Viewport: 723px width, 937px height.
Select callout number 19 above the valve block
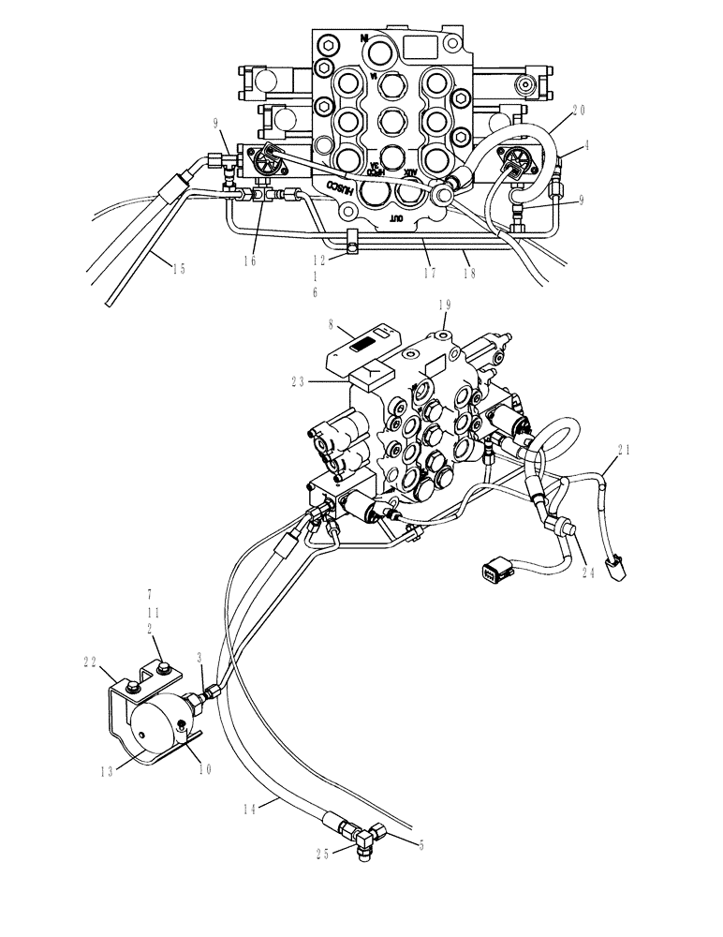point(446,305)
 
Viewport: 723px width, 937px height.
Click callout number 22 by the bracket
point(90,662)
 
